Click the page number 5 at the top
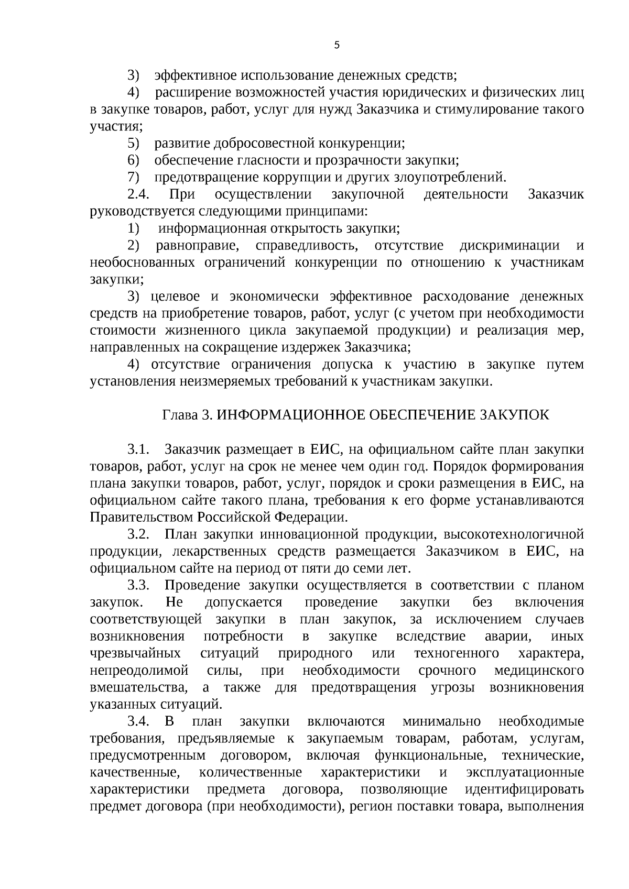coord(337,45)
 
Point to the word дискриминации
coord(509,246)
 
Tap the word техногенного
coord(456,654)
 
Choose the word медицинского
coord(539,671)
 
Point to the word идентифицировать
coord(524,789)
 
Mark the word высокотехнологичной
coord(514,534)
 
